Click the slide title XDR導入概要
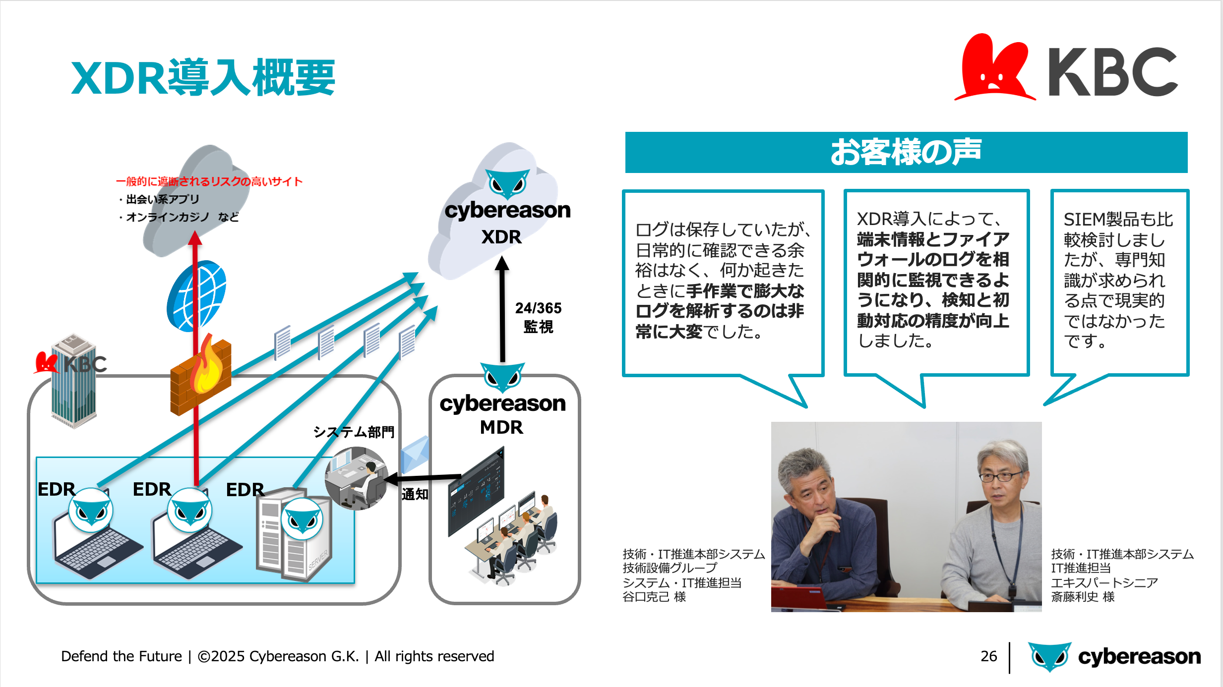coord(203,77)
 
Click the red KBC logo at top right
coord(1066,68)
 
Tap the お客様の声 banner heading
coord(906,152)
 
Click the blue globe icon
coord(196,296)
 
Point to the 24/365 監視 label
coord(538,317)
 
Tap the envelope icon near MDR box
coord(415,454)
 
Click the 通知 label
coord(415,494)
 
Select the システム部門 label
coord(354,432)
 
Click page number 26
coord(988,656)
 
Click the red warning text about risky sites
coord(209,181)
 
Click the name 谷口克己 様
coord(654,597)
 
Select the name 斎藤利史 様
coord(1083,597)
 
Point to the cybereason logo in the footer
coord(1114,657)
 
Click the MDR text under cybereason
coord(501,427)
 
